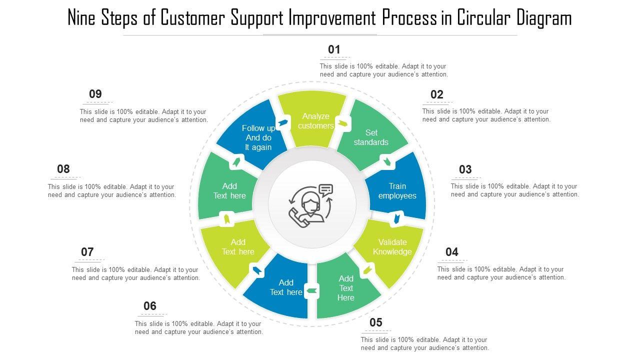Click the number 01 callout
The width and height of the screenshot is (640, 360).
point(334,49)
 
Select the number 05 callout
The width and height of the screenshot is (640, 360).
point(376,322)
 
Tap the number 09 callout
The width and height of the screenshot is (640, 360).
point(95,94)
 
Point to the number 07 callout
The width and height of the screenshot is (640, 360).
point(87,252)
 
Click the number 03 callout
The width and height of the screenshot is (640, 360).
point(465,169)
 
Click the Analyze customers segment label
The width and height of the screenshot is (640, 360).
point(315,121)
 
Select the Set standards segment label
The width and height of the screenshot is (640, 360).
point(371,137)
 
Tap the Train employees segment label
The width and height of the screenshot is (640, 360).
point(397,191)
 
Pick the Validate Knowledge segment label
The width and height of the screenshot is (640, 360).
point(392,247)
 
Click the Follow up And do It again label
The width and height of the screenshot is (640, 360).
point(258,137)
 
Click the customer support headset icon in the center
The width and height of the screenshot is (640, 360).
point(311,204)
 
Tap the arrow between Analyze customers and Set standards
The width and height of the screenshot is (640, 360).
point(343,123)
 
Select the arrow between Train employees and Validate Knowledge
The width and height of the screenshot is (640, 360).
point(397,218)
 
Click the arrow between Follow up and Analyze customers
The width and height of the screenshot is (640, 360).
point(283,122)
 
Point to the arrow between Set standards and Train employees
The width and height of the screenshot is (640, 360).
point(386,160)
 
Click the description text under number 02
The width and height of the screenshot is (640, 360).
point(486,115)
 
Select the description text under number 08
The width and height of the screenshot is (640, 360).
point(111,191)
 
